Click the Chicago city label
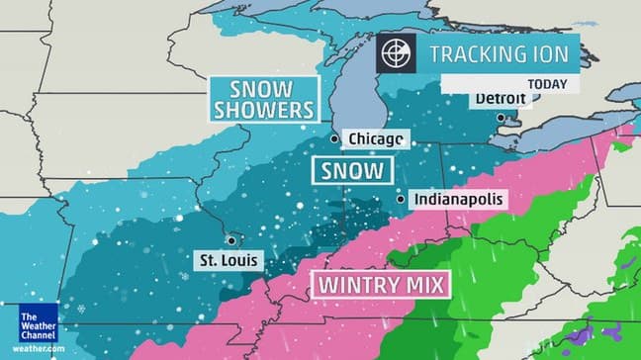tap(373, 138)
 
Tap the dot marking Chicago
tap(335, 139)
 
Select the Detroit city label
tap(500, 99)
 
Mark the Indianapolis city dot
tap(401, 200)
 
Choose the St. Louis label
tap(227, 261)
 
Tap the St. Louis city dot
tap(230, 239)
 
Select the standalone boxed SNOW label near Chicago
tap(349, 170)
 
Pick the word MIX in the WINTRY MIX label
tap(425, 286)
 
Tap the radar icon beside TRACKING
tap(396, 53)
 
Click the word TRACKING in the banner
tap(473, 53)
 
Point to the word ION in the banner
tap(551, 53)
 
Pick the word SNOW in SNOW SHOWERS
tap(261, 85)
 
